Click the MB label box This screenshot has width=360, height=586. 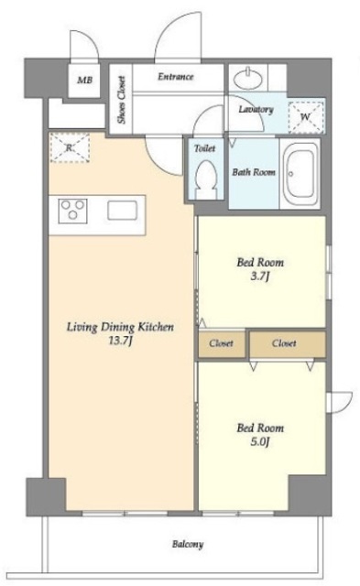click(x=84, y=80)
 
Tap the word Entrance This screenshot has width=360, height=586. click(x=176, y=77)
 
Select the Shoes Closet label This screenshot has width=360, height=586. click(x=121, y=100)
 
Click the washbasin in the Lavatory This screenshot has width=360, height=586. click(x=248, y=78)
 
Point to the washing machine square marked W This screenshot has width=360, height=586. click(x=305, y=117)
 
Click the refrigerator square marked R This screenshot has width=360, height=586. click(x=69, y=147)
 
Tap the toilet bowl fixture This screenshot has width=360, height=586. click(x=206, y=180)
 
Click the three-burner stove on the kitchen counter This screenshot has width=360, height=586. click(x=73, y=211)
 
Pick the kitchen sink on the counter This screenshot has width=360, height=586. click(x=122, y=211)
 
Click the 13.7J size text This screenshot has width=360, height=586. click(x=120, y=342)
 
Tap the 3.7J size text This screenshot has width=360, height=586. click(x=260, y=277)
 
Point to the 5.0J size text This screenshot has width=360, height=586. click(x=260, y=442)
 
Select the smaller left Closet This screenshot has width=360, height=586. click(x=222, y=343)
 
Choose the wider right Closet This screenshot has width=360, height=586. click(x=288, y=343)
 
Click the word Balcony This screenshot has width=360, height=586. click(x=188, y=544)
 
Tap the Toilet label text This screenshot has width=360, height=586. click(x=205, y=148)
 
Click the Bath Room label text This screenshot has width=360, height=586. click(x=254, y=172)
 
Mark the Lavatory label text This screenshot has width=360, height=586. click(x=256, y=110)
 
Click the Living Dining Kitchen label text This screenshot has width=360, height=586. click(x=120, y=327)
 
